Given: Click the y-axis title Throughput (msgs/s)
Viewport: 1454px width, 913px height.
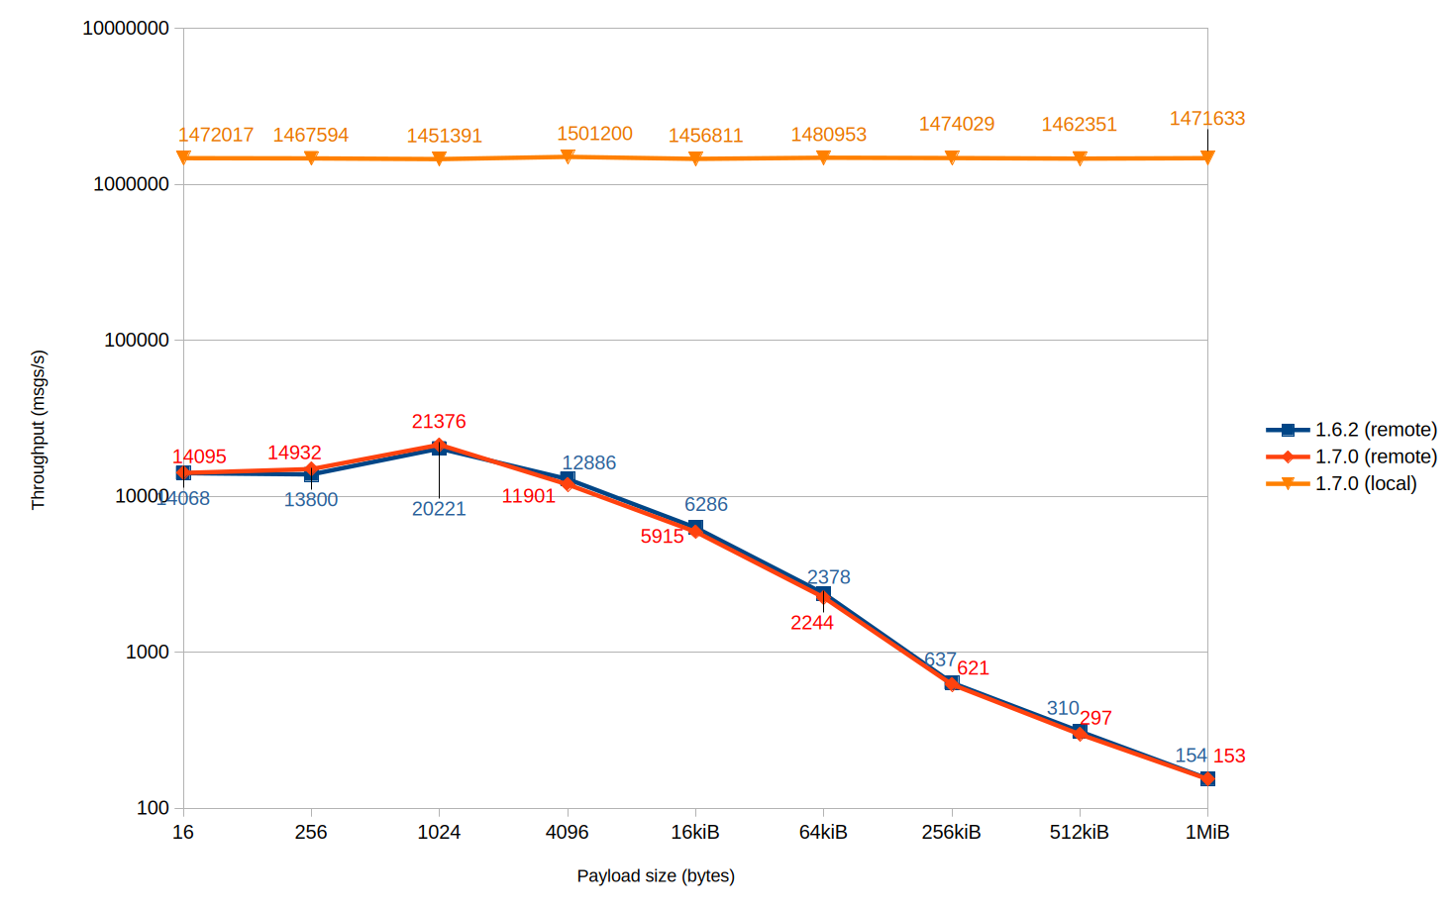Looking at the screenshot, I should click(x=39, y=430).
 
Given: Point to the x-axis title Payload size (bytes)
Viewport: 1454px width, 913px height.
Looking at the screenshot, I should click(x=656, y=875).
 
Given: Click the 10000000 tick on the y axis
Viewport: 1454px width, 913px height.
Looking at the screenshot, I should click(x=126, y=28).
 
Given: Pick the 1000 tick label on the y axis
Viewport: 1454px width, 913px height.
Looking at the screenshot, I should click(x=148, y=652).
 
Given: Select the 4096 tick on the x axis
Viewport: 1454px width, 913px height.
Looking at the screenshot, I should click(x=567, y=832).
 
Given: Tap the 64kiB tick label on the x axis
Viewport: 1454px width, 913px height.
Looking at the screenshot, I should click(x=823, y=832).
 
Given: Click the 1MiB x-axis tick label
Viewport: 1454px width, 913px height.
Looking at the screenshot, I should click(x=1206, y=832).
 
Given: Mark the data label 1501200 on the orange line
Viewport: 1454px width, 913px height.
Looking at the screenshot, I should click(x=594, y=134).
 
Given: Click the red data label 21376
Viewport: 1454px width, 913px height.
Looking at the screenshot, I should click(x=439, y=422).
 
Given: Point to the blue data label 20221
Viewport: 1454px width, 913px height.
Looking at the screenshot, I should click(x=439, y=509).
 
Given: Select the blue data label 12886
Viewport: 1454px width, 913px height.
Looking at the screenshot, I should click(x=588, y=462).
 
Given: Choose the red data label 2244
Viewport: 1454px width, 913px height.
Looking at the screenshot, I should click(x=812, y=622).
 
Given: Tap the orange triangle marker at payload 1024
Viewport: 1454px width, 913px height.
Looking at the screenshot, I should click(x=439, y=159).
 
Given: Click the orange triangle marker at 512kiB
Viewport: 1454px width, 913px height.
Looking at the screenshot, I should click(x=1080, y=158).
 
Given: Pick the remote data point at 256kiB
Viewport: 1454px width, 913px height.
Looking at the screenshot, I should click(x=952, y=683).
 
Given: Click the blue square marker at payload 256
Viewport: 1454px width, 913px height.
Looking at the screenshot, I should click(x=311, y=475).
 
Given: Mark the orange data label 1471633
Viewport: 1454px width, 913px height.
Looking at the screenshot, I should click(x=1206, y=119).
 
